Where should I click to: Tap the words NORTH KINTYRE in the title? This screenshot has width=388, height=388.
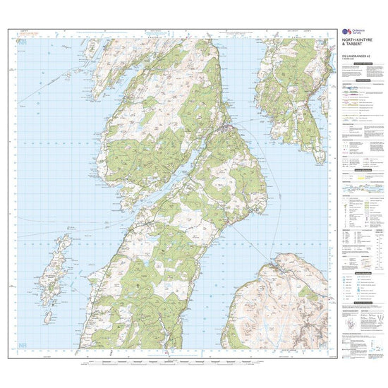[x=364, y=40]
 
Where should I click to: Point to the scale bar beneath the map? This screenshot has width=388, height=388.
[x=176, y=360]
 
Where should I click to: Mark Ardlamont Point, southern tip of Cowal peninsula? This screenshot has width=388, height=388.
[x=279, y=131]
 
